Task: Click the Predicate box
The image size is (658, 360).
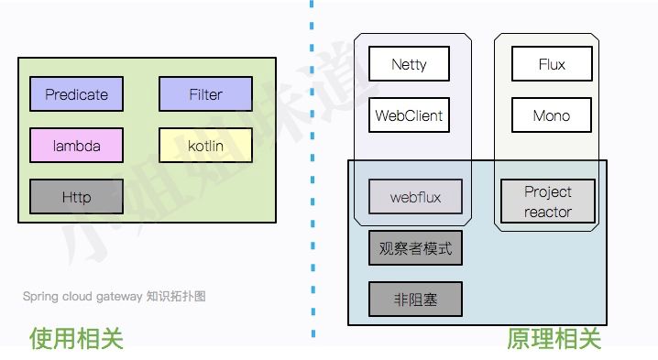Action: coord(76,94)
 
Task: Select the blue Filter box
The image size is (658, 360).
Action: coord(205,94)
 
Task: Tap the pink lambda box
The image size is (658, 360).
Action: coord(76,146)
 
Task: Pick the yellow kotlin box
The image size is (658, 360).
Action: coord(205,146)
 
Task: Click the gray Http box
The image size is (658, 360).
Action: coord(76,197)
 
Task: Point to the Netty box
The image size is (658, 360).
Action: coord(409,65)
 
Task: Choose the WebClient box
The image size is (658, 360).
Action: coord(409,116)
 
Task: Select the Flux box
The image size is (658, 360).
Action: coord(552,65)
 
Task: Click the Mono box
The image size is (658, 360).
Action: coord(552,116)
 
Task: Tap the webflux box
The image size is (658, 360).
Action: coord(414,197)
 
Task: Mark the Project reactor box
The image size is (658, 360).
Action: coord(548,202)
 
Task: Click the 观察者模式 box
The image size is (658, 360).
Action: coord(415,248)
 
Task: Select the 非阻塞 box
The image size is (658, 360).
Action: coord(415,300)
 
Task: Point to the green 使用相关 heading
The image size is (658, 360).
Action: coord(76,338)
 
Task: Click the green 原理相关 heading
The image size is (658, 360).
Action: coord(554,338)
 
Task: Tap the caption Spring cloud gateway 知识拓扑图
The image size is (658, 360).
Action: coord(115,297)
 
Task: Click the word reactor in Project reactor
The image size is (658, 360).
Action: coord(548,212)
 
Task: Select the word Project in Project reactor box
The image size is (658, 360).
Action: coord(548,191)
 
